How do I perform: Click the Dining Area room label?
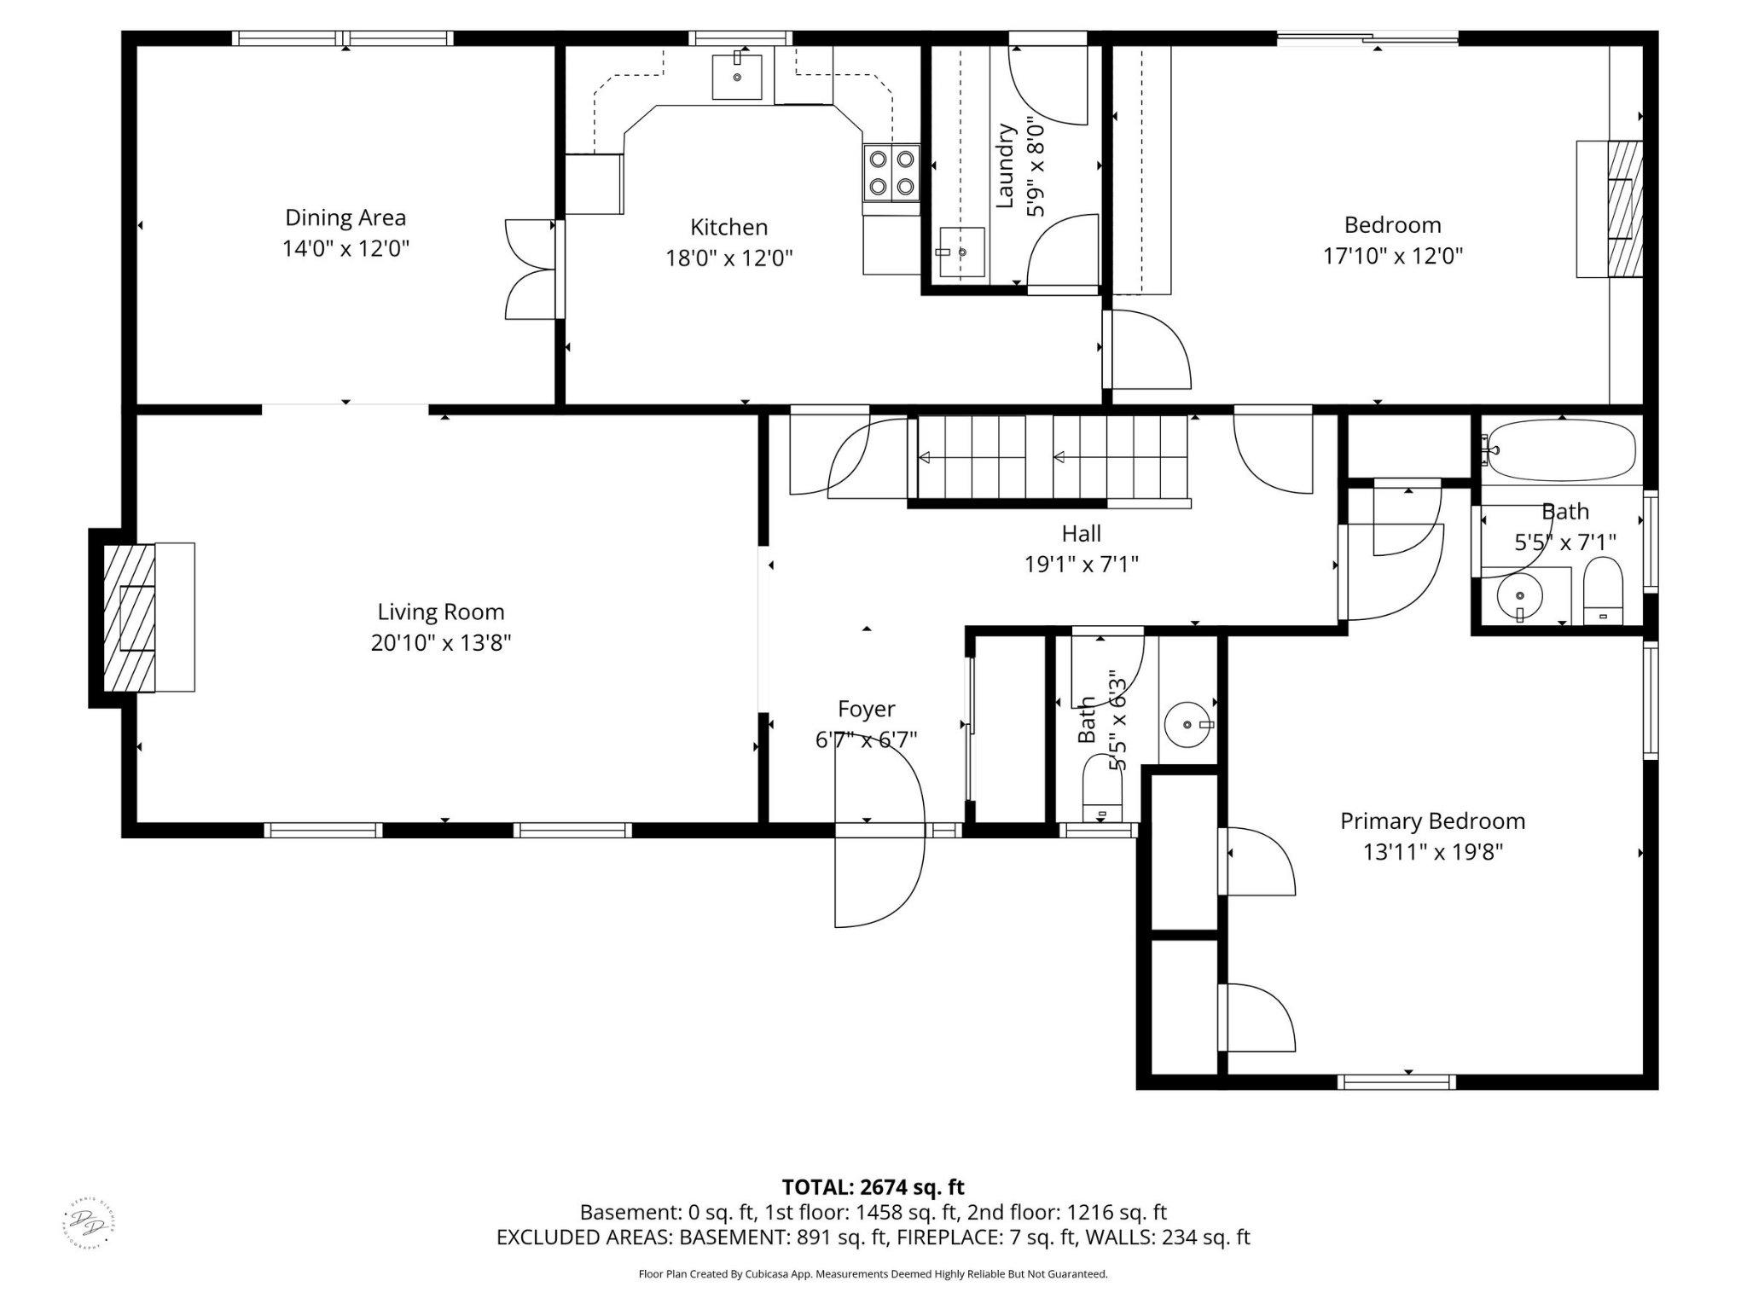tap(345, 217)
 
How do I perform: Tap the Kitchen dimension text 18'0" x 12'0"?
tap(729, 258)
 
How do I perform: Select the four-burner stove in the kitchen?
tap(891, 172)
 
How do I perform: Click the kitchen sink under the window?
tap(736, 76)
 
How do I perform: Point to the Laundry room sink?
tap(962, 252)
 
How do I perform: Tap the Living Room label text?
tap(441, 612)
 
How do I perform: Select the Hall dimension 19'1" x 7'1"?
tap(1081, 564)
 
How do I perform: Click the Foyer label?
tap(866, 709)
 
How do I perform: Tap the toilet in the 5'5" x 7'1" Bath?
tap(1604, 592)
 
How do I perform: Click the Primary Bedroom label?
tap(1432, 820)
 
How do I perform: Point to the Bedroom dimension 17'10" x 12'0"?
tap(1392, 255)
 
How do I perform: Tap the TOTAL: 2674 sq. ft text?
tap(873, 1186)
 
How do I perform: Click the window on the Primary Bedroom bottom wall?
tap(1396, 1082)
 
